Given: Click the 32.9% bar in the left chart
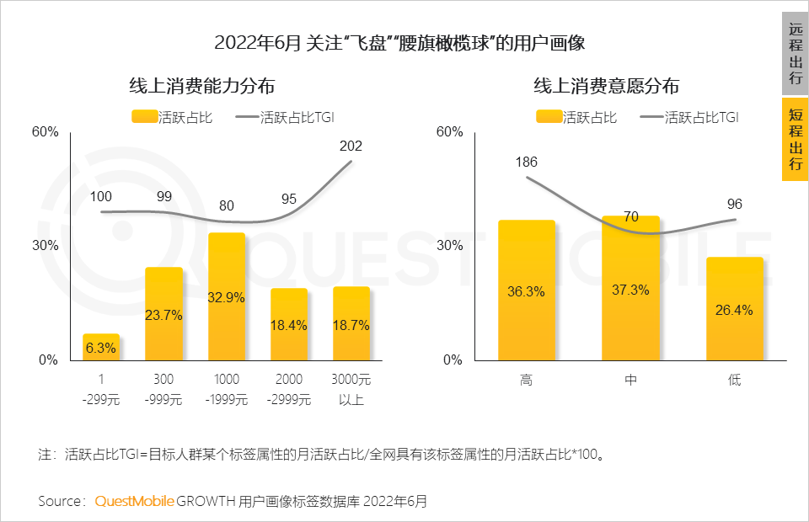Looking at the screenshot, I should [226, 296].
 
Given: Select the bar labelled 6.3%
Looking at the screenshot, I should [101, 347].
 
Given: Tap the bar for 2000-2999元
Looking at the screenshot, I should [289, 324].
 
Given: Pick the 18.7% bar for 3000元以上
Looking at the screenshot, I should [351, 323].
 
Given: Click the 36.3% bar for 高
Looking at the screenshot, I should [527, 290].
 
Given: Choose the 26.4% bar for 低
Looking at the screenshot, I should [735, 309].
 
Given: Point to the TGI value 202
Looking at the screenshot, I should [351, 146].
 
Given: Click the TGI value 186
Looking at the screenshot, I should [526, 162].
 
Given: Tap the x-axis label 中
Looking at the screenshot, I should [630, 381].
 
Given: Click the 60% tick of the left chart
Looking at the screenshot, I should [45, 132].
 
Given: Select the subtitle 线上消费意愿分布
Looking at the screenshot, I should [606, 87].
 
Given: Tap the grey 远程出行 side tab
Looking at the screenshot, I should [796, 53].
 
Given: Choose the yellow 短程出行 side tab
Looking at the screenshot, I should [796, 139].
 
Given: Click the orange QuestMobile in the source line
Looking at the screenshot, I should [134, 501].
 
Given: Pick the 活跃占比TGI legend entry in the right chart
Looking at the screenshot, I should [689, 118].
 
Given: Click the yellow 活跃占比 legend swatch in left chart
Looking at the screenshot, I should [144, 118].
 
